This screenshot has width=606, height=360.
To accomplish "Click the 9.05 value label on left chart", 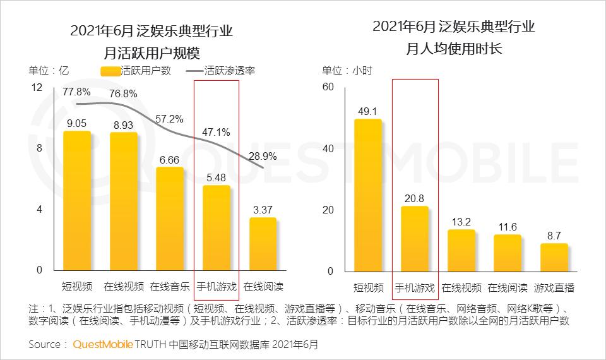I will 77,123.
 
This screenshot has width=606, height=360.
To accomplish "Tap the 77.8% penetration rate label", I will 77,92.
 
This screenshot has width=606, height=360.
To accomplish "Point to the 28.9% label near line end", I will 263,155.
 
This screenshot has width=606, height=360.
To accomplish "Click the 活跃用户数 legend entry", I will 136,71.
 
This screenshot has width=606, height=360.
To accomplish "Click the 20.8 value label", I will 415,198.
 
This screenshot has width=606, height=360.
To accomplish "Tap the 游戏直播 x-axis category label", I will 554,287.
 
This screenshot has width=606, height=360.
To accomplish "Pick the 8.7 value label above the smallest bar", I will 554,235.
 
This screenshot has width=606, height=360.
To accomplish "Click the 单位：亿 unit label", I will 48,71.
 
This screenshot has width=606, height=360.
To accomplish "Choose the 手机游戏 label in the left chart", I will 217,286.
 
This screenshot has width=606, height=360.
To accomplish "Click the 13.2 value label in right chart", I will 461,221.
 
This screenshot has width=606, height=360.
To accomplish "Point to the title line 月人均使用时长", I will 454,49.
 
